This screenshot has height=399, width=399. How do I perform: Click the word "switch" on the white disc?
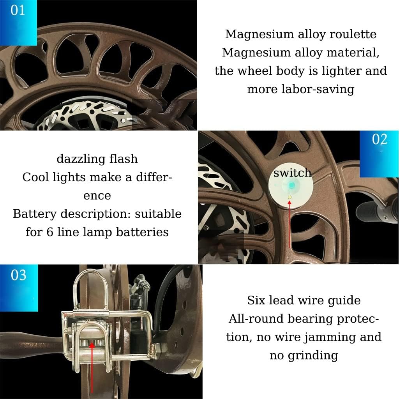[x=292, y=173]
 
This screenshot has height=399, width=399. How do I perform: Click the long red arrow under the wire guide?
[x=92, y=366]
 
